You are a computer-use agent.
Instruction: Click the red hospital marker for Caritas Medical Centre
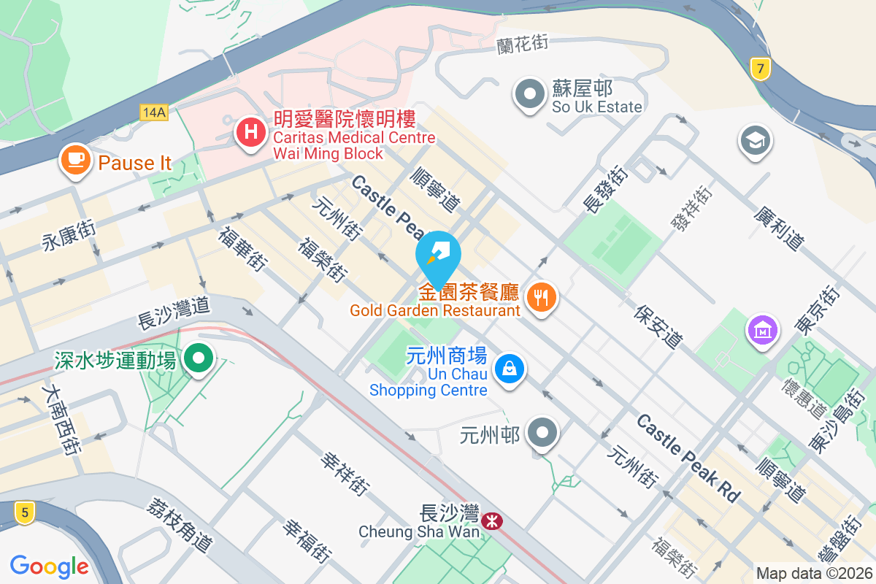[250, 134]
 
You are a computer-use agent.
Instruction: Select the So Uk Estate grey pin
[531, 95]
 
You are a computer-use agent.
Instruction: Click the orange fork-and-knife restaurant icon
[541, 297]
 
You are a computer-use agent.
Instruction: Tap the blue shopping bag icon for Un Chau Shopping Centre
[510, 369]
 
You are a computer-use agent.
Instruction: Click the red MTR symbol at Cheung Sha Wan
[491, 520]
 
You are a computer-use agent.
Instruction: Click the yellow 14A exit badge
[155, 112]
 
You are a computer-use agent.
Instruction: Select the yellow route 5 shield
[25, 513]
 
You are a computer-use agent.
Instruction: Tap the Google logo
[49, 566]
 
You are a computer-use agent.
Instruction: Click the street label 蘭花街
[522, 44]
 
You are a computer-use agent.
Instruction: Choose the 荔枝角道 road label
[179, 524]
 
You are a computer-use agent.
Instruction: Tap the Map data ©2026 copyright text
[814, 574]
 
